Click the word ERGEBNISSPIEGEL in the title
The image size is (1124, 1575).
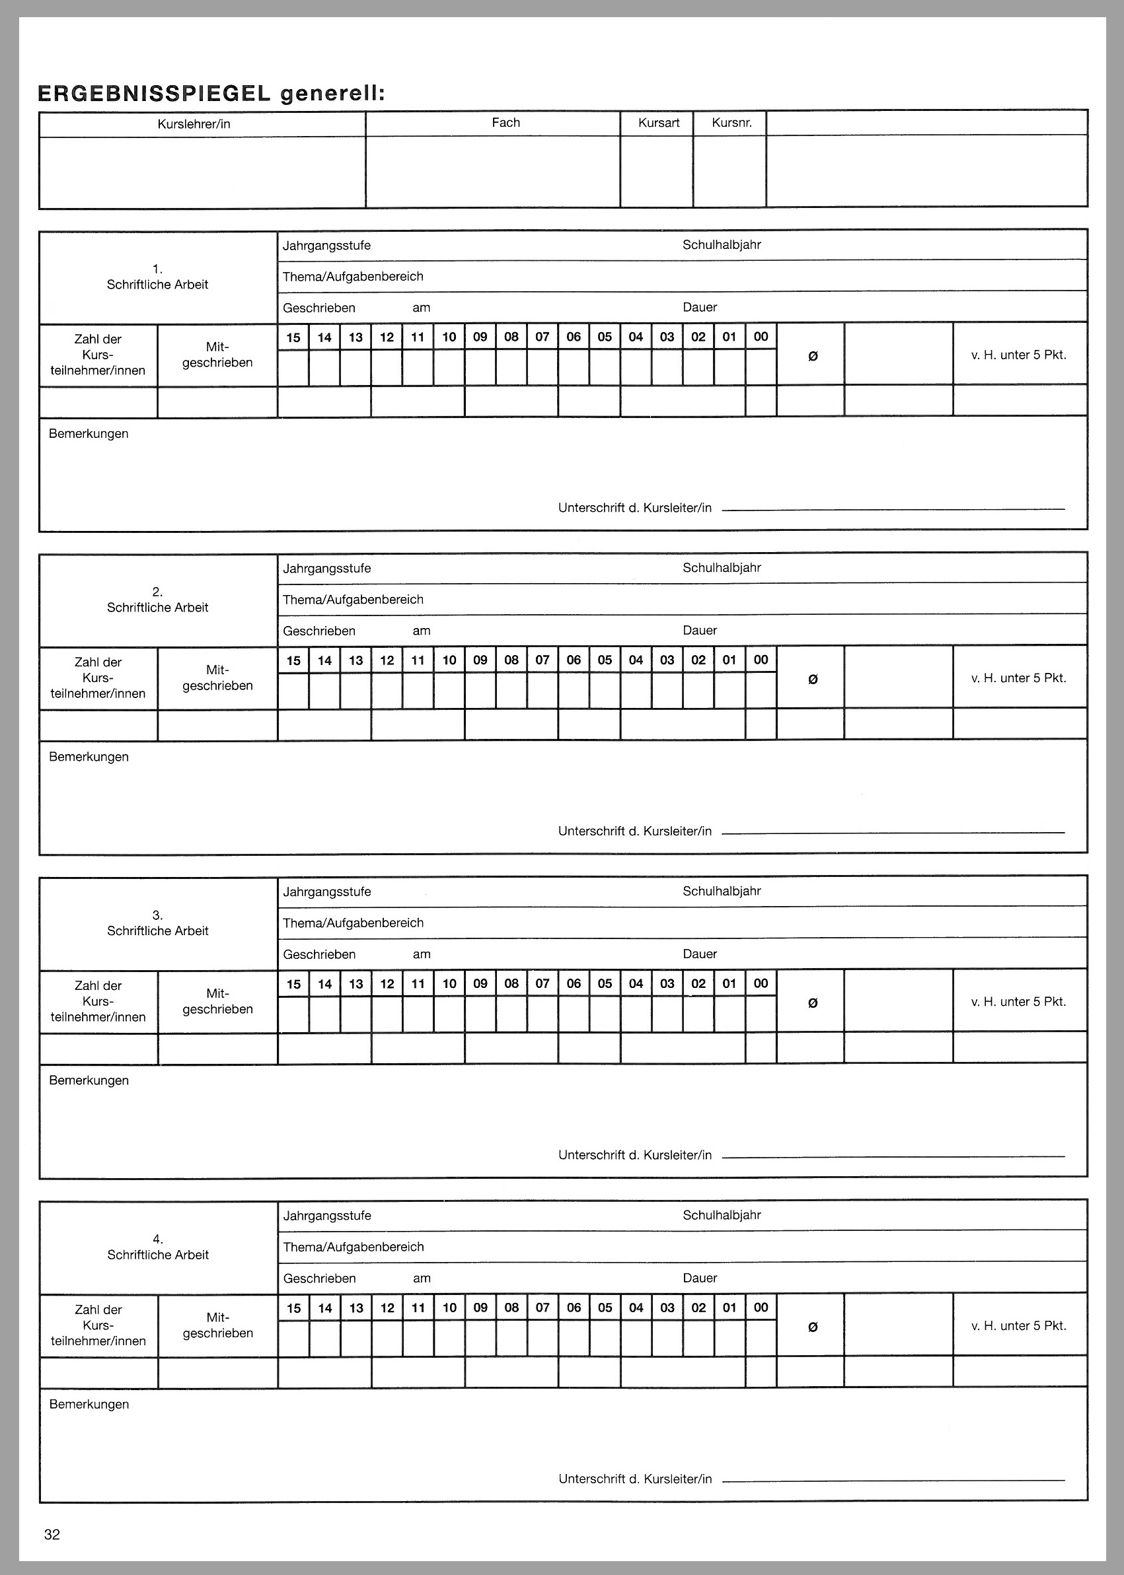click(x=155, y=93)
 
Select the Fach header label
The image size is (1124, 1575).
click(x=506, y=123)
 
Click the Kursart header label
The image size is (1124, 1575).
click(x=659, y=123)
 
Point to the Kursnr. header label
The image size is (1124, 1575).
click(x=731, y=123)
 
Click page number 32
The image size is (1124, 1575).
click(x=52, y=1534)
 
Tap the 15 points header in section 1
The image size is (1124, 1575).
click(x=293, y=337)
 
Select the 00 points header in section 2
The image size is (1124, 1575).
click(x=761, y=660)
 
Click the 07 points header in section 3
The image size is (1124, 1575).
click(x=543, y=983)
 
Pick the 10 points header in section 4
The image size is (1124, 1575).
click(x=449, y=1308)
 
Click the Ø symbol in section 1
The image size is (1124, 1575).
click(x=813, y=356)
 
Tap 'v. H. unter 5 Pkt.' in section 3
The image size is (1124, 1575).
click(x=1018, y=1002)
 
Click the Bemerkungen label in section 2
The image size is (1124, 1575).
click(x=89, y=757)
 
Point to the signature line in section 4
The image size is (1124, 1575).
click(x=893, y=1481)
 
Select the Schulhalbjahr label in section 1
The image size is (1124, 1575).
click(x=721, y=245)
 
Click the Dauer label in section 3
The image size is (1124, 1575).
click(x=700, y=954)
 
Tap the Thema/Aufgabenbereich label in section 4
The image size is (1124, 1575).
click(x=353, y=1246)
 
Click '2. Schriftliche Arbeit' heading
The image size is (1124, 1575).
click(x=158, y=600)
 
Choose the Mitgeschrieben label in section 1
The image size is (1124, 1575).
click(x=217, y=355)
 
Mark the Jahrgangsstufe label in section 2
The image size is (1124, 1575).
click(x=326, y=569)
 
